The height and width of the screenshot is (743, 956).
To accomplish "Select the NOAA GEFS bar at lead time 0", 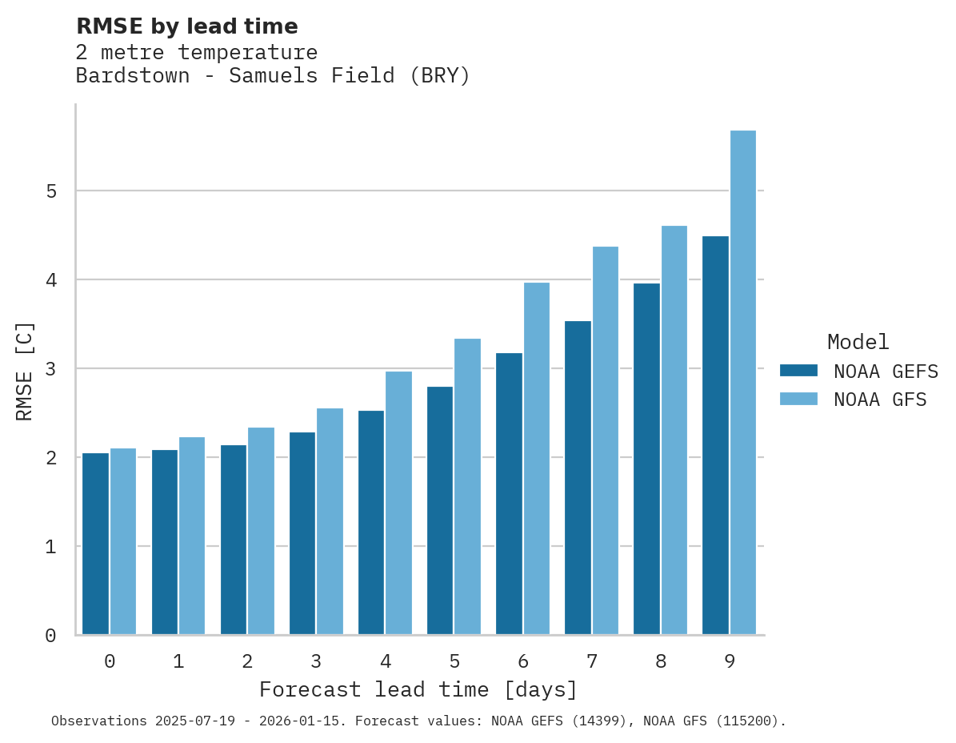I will pyautogui.click(x=95, y=544).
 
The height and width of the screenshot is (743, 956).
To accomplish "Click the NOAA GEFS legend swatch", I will pyautogui.click(x=798, y=371).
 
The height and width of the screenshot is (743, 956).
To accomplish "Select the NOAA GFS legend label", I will pyautogui.click(x=880, y=400).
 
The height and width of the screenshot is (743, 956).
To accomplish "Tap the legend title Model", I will pyautogui.click(x=858, y=343).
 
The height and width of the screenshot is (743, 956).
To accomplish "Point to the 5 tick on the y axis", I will pyautogui.click(x=51, y=191).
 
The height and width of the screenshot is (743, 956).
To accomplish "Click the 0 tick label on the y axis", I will pyautogui.click(x=51, y=636).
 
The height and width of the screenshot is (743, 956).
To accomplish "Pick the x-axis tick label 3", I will pyautogui.click(x=316, y=662).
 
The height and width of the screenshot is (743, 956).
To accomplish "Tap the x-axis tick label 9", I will pyautogui.click(x=730, y=662).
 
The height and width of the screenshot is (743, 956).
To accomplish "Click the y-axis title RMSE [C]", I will pyautogui.click(x=25, y=371).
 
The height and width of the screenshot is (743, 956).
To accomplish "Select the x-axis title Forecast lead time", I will pyautogui.click(x=418, y=689).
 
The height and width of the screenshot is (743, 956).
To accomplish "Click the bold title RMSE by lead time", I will pyautogui.click(x=186, y=26).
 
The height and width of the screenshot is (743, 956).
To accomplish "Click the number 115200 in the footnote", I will pyautogui.click(x=746, y=721).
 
